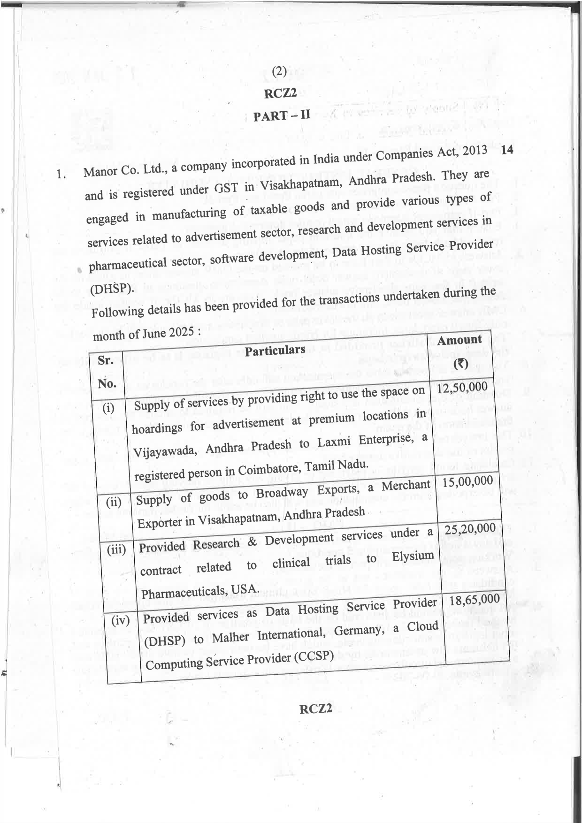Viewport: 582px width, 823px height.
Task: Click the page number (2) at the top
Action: click(279, 72)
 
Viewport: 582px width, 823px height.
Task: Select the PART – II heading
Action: click(282, 115)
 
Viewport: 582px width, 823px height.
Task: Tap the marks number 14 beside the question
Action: click(507, 150)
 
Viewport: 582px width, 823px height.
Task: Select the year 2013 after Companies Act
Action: click(475, 153)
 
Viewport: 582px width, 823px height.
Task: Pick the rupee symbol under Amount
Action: click(461, 364)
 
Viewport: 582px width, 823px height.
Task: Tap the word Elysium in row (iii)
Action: click(413, 557)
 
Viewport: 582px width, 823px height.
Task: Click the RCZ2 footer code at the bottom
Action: click(316, 709)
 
